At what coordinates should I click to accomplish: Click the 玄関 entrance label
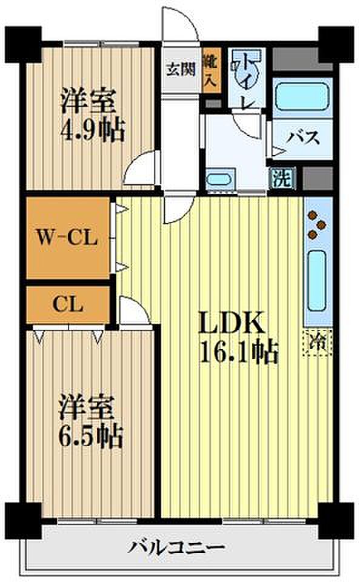coord(181,69)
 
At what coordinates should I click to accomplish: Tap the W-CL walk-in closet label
coord(67,237)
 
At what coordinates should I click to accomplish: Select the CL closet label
coord(67,304)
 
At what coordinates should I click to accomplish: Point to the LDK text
coord(232,323)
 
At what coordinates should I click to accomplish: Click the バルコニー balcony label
coord(176,547)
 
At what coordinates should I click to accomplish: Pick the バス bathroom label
coord(303,138)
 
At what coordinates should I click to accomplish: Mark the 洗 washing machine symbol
coord(282,178)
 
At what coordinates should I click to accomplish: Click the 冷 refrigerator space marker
coord(318,343)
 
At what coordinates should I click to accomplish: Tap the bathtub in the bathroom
coord(303,96)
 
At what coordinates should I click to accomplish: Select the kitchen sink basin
coord(318,280)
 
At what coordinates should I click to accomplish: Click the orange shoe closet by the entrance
coord(212,70)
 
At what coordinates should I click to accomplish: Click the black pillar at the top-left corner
coord(22,44)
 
